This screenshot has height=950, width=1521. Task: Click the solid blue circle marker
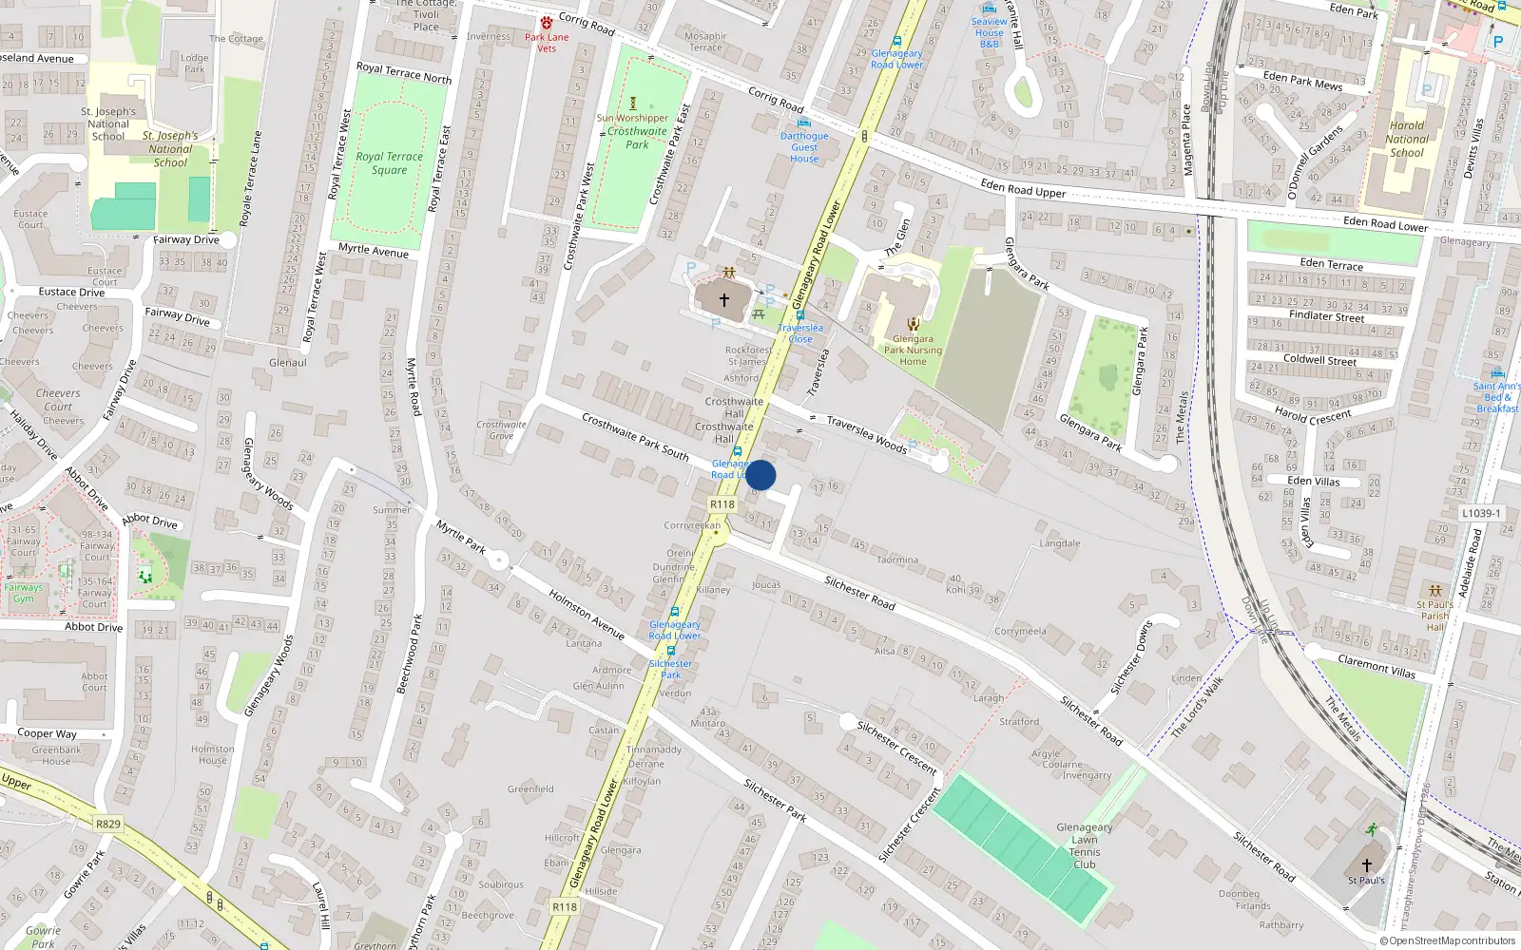click(x=760, y=475)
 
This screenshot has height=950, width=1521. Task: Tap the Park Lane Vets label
click(x=547, y=43)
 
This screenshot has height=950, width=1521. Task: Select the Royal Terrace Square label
click(x=389, y=163)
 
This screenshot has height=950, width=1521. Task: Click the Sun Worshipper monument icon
click(x=633, y=103)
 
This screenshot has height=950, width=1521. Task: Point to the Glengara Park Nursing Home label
click(x=913, y=350)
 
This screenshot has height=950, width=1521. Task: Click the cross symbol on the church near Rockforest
click(x=724, y=300)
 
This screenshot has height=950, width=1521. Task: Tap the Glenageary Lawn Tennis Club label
click(x=1085, y=845)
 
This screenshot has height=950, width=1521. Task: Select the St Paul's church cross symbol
click(x=1367, y=865)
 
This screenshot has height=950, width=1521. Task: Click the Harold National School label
click(x=1407, y=139)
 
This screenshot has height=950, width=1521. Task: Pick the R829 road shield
click(x=107, y=824)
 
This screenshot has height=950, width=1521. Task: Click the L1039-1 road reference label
click(x=1481, y=513)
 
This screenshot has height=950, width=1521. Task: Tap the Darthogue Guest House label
click(x=804, y=147)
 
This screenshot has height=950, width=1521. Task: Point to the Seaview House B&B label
click(x=989, y=33)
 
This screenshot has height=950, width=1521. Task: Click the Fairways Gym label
click(x=24, y=593)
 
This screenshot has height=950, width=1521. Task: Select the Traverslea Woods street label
click(x=866, y=433)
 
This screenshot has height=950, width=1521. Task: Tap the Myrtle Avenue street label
click(x=374, y=251)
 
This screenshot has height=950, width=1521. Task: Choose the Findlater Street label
click(x=1326, y=316)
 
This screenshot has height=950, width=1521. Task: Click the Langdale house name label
click(x=1059, y=544)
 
